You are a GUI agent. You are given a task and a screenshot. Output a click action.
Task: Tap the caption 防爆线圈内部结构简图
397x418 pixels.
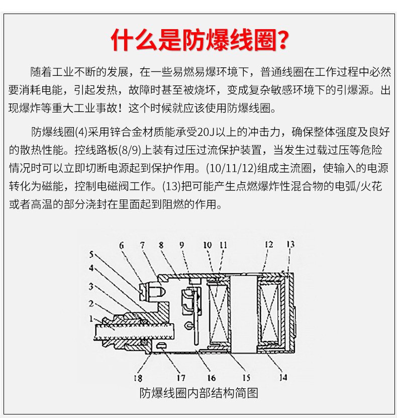[x=198, y=393]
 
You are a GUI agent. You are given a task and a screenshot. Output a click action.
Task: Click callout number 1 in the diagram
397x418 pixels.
[x=91, y=319]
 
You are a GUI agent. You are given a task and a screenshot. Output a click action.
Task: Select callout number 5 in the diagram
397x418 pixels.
[x=91, y=254]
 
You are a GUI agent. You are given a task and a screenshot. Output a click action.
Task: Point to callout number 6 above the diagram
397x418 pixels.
[x=122, y=245]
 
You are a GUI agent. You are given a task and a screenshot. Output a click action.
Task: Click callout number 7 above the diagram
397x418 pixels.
[x=142, y=245]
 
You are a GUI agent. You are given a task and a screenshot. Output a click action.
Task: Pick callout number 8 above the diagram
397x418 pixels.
[x=161, y=245]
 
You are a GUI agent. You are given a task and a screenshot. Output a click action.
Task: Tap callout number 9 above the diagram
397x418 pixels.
[x=181, y=245]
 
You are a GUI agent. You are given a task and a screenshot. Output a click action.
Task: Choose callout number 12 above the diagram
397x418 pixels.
[x=269, y=245]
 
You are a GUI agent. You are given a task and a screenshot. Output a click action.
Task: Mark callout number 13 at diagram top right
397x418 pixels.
[x=290, y=245]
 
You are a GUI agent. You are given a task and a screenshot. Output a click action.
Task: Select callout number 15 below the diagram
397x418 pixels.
[x=246, y=377]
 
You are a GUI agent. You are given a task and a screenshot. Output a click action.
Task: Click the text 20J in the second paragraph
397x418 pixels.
[x=207, y=132]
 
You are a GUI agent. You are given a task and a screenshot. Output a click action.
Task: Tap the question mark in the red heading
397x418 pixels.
[x=283, y=40]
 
